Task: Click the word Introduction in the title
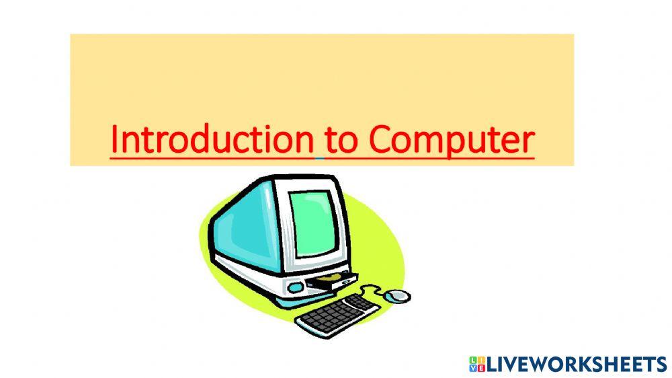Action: point(212,139)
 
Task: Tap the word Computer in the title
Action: point(452,140)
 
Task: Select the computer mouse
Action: point(399,295)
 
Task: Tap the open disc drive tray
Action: point(332,281)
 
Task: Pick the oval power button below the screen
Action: point(294,287)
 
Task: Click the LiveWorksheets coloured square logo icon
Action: point(476,365)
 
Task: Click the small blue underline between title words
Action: point(320,159)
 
